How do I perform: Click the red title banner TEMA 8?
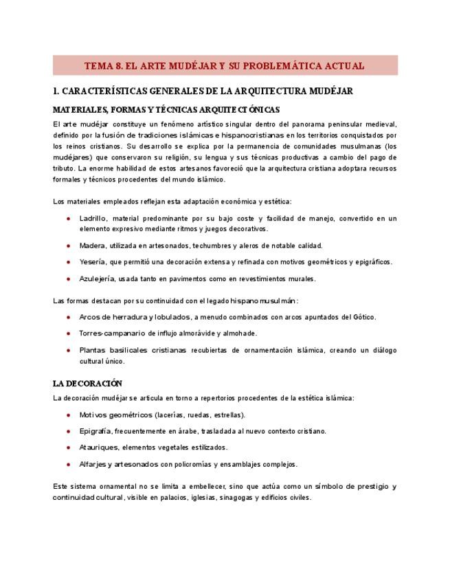(225, 66)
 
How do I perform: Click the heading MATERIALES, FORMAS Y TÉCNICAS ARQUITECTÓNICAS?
(166, 109)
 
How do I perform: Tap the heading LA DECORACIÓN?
(87, 383)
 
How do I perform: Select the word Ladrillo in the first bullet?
(92, 219)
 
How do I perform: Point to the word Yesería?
(93, 262)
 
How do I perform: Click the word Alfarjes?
(93, 464)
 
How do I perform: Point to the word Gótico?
(363, 317)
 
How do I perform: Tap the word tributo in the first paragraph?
(64, 168)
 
